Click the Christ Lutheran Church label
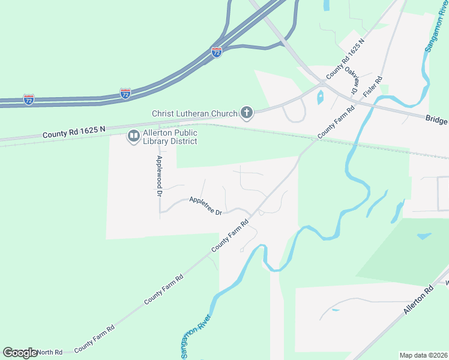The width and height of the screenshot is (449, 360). [x=194, y=113]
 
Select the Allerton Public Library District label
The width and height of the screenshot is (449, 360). [x=170, y=137]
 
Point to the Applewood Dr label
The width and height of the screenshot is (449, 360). [x=159, y=176]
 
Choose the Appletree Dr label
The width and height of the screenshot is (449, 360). [x=206, y=206]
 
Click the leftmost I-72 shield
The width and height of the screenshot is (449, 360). [x=28, y=98]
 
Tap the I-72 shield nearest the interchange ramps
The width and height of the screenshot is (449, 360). [x=217, y=52]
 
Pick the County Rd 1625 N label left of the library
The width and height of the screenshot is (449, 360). [x=74, y=133]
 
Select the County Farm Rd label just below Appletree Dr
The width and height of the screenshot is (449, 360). [x=230, y=236]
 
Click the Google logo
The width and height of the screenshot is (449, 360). [x=20, y=353]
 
